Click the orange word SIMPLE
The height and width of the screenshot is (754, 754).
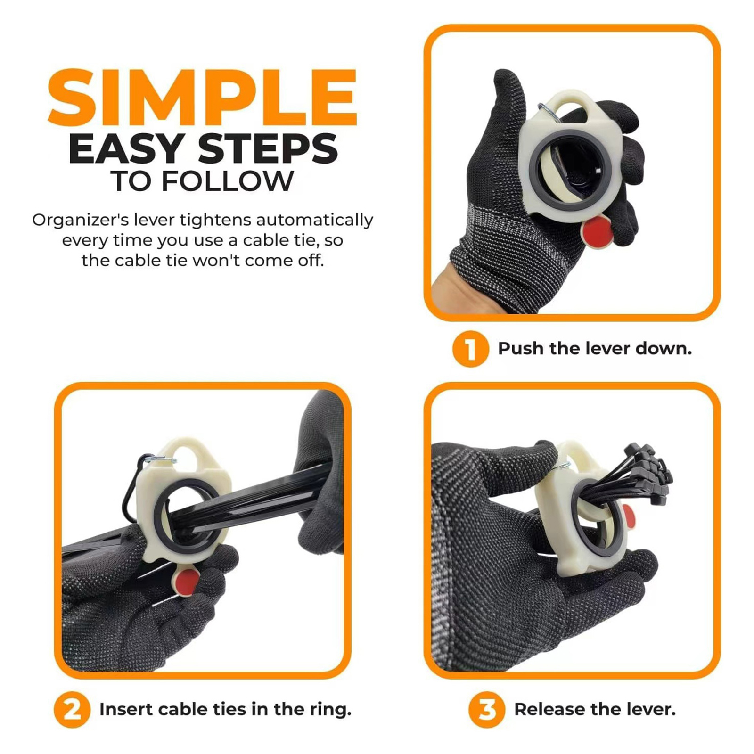(202, 98)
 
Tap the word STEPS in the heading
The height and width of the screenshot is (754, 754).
(268, 149)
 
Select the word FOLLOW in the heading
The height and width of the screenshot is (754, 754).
(228, 181)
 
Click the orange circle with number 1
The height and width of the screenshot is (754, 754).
(470, 349)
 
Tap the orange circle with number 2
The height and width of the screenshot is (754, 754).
(72, 710)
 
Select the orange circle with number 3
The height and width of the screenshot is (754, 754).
(487, 710)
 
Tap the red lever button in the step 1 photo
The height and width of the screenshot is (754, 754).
(598, 232)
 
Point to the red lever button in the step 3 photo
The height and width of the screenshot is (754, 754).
(629, 515)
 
